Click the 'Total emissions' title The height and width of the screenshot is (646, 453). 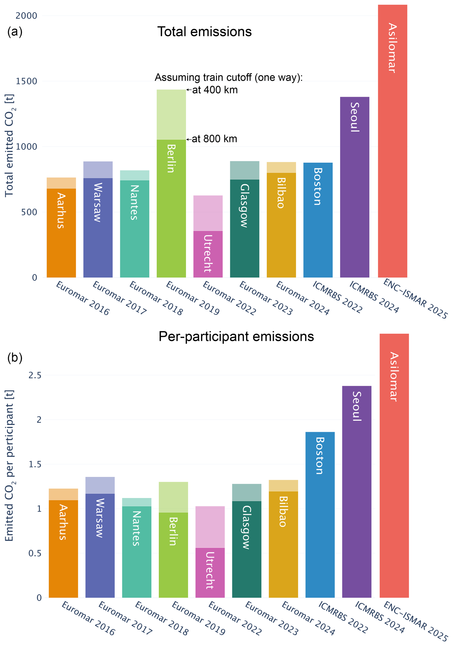(x=204, y=32)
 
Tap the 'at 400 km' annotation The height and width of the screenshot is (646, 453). (x=215, y=90)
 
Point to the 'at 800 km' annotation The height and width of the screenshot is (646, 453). (x=214, y=139)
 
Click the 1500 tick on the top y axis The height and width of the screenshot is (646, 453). (x=26, y=81)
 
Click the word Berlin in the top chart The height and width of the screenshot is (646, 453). (x=171, y=158)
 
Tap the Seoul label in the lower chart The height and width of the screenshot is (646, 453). (x=357, y=406)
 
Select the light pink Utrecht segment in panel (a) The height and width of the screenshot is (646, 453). (x=208, y=213)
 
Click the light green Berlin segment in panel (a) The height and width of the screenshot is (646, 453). (x=171, y=114)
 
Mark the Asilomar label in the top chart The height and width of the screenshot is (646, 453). (x=392, y=48)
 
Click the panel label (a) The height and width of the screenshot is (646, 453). (x=15, y=32)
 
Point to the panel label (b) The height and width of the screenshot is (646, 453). (x=15, y=358)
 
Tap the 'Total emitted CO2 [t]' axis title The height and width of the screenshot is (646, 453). (x=10, y=145)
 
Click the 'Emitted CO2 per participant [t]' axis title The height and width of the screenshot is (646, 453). (x=10, y=466)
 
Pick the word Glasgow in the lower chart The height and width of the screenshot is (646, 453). (x=246, y=527)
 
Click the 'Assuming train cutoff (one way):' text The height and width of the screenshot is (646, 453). (x=228, y=77)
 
